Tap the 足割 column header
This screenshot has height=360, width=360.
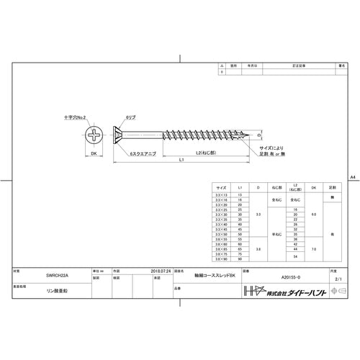point(331,186)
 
